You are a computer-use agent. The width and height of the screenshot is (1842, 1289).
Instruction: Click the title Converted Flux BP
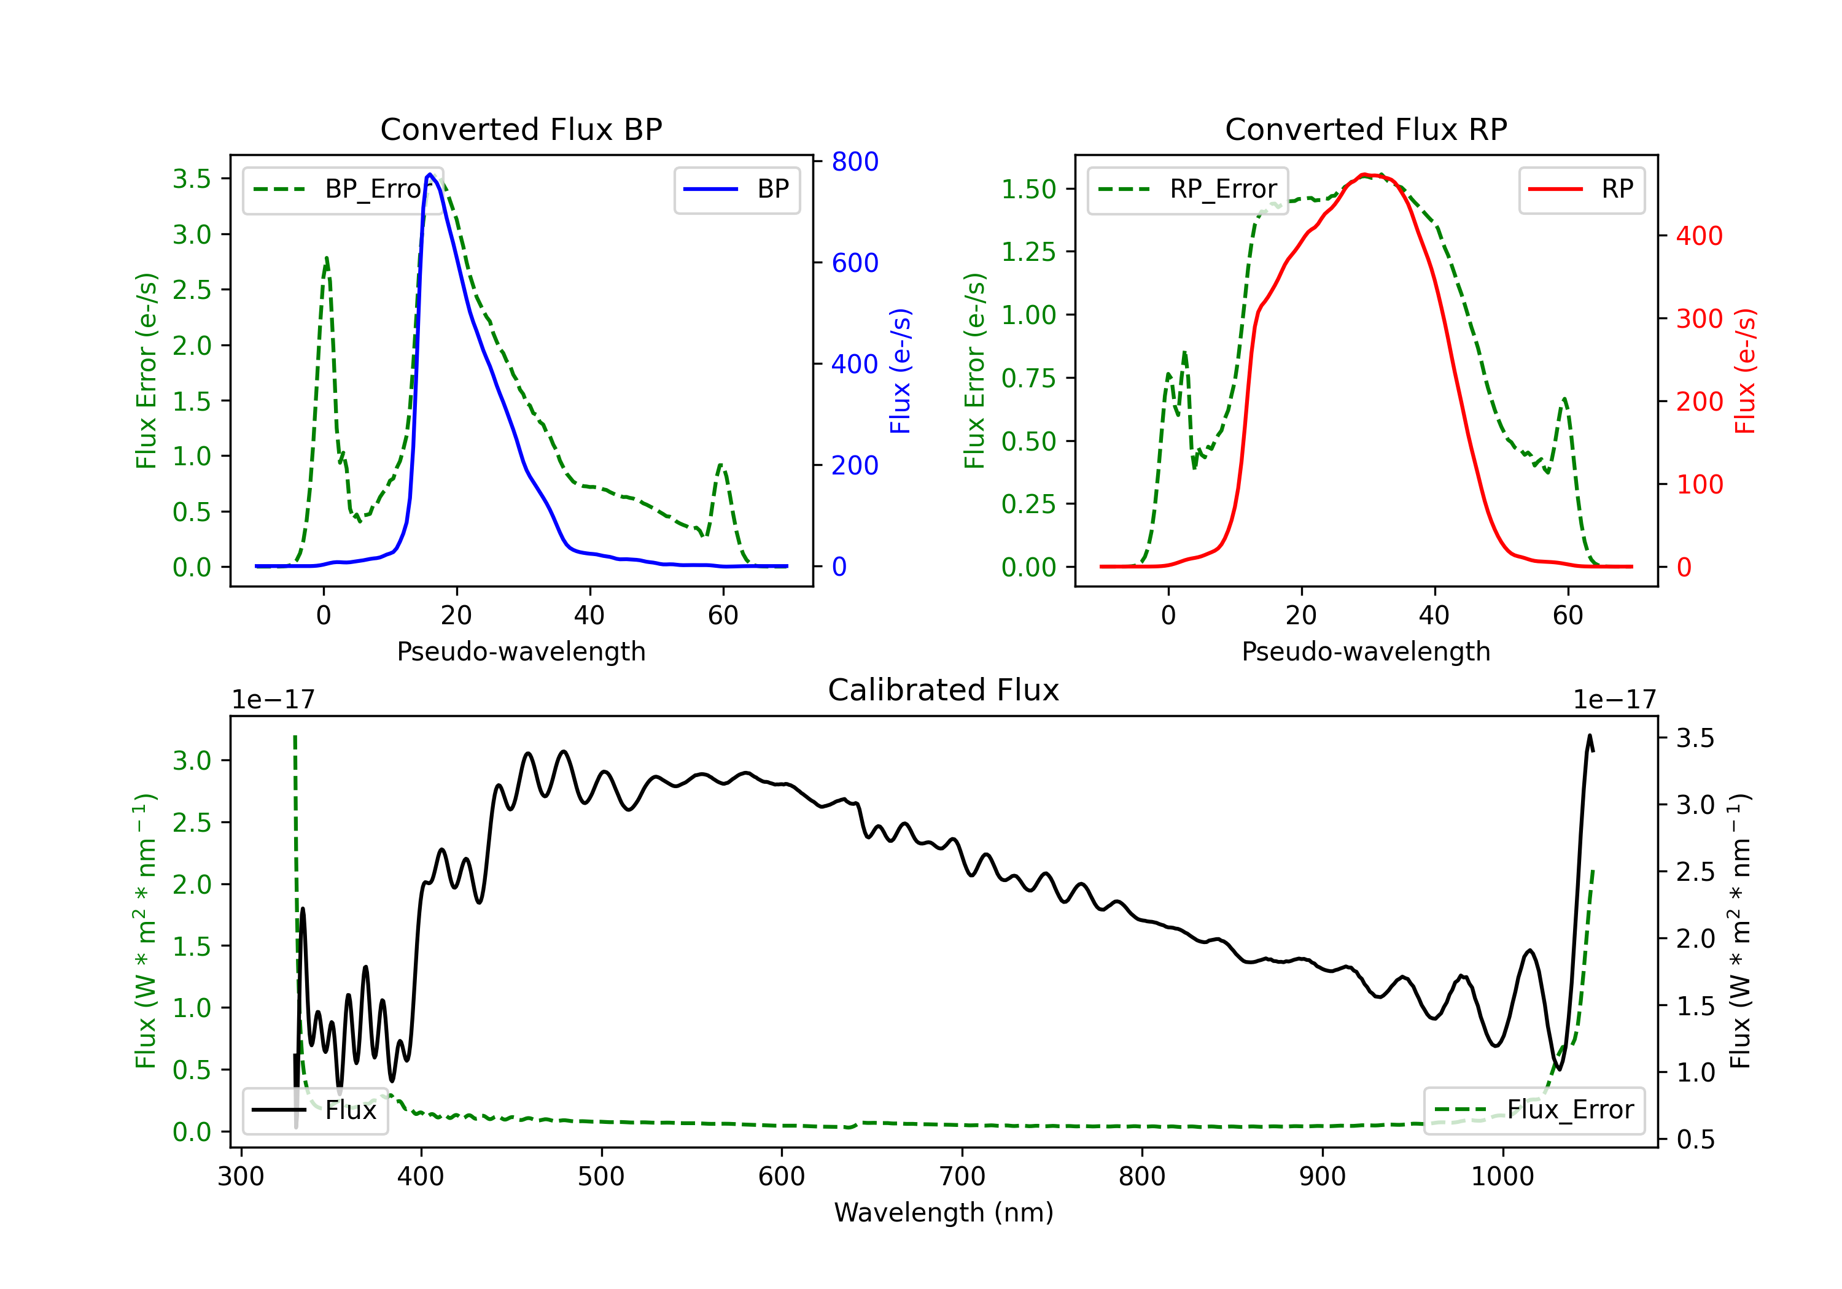pos(521,129)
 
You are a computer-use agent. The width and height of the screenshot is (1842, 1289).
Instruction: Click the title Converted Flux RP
pos(1366,129)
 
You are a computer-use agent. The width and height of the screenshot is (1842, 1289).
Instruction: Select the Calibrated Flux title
pos(944,690)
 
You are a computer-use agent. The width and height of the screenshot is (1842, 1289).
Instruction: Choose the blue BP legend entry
pos(736,189)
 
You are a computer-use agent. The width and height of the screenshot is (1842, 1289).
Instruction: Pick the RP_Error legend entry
pos(1187,189)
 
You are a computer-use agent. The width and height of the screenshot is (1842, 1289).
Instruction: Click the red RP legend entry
pos(1581,189)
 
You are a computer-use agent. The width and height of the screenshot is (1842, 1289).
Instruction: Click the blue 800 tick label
pos(855,162)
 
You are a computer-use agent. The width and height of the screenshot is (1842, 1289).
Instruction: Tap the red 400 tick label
pos(1699,236)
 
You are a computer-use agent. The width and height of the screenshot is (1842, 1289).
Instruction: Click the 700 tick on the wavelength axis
pos(962,1176)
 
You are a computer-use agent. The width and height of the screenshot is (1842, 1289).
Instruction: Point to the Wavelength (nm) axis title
pos(944,1212)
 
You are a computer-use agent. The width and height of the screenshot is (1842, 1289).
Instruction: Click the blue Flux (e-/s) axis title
pos(900,371)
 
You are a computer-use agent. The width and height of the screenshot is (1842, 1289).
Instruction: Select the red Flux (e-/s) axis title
pos(1745,371)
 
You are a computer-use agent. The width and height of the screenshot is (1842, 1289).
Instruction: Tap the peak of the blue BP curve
pos(430,174)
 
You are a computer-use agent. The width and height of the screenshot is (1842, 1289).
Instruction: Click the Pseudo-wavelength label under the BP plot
pos(521,651)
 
